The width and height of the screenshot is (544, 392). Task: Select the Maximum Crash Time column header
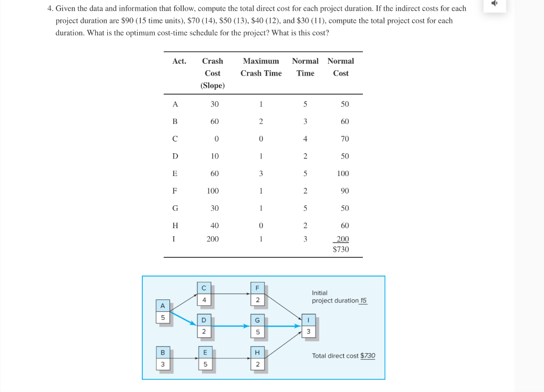(261, 67)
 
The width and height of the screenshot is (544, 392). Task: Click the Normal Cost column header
(341, 67)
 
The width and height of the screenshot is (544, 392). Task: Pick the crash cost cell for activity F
(212, 190)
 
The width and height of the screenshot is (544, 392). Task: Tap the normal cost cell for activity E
(343, 173)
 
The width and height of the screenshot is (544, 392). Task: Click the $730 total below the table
(341, 249)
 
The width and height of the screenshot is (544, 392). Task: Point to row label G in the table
(175, 208)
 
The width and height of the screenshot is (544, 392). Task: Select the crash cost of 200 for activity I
(212, 239)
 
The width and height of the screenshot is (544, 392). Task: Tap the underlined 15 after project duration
(363, 301)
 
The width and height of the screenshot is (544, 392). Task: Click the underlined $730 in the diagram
(368, 356)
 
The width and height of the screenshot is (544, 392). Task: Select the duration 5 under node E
(203, 364)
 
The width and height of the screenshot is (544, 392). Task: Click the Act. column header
(180, 61)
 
